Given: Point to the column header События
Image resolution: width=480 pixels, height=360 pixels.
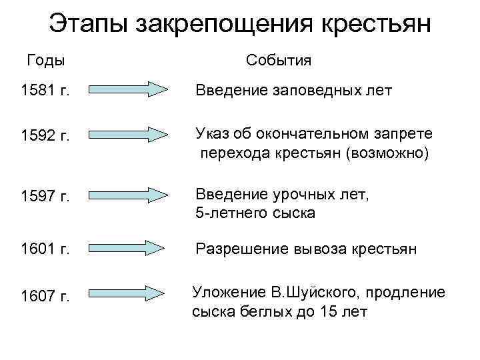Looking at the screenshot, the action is pos(278,61).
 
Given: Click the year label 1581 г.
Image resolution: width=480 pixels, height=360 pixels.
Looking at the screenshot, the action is pos(46,90).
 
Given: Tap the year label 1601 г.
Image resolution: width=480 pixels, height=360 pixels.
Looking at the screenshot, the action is pos(46,249).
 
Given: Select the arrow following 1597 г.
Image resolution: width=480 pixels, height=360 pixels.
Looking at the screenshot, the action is pos(127,195).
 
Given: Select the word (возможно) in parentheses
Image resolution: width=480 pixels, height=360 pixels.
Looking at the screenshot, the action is pos(387,154).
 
